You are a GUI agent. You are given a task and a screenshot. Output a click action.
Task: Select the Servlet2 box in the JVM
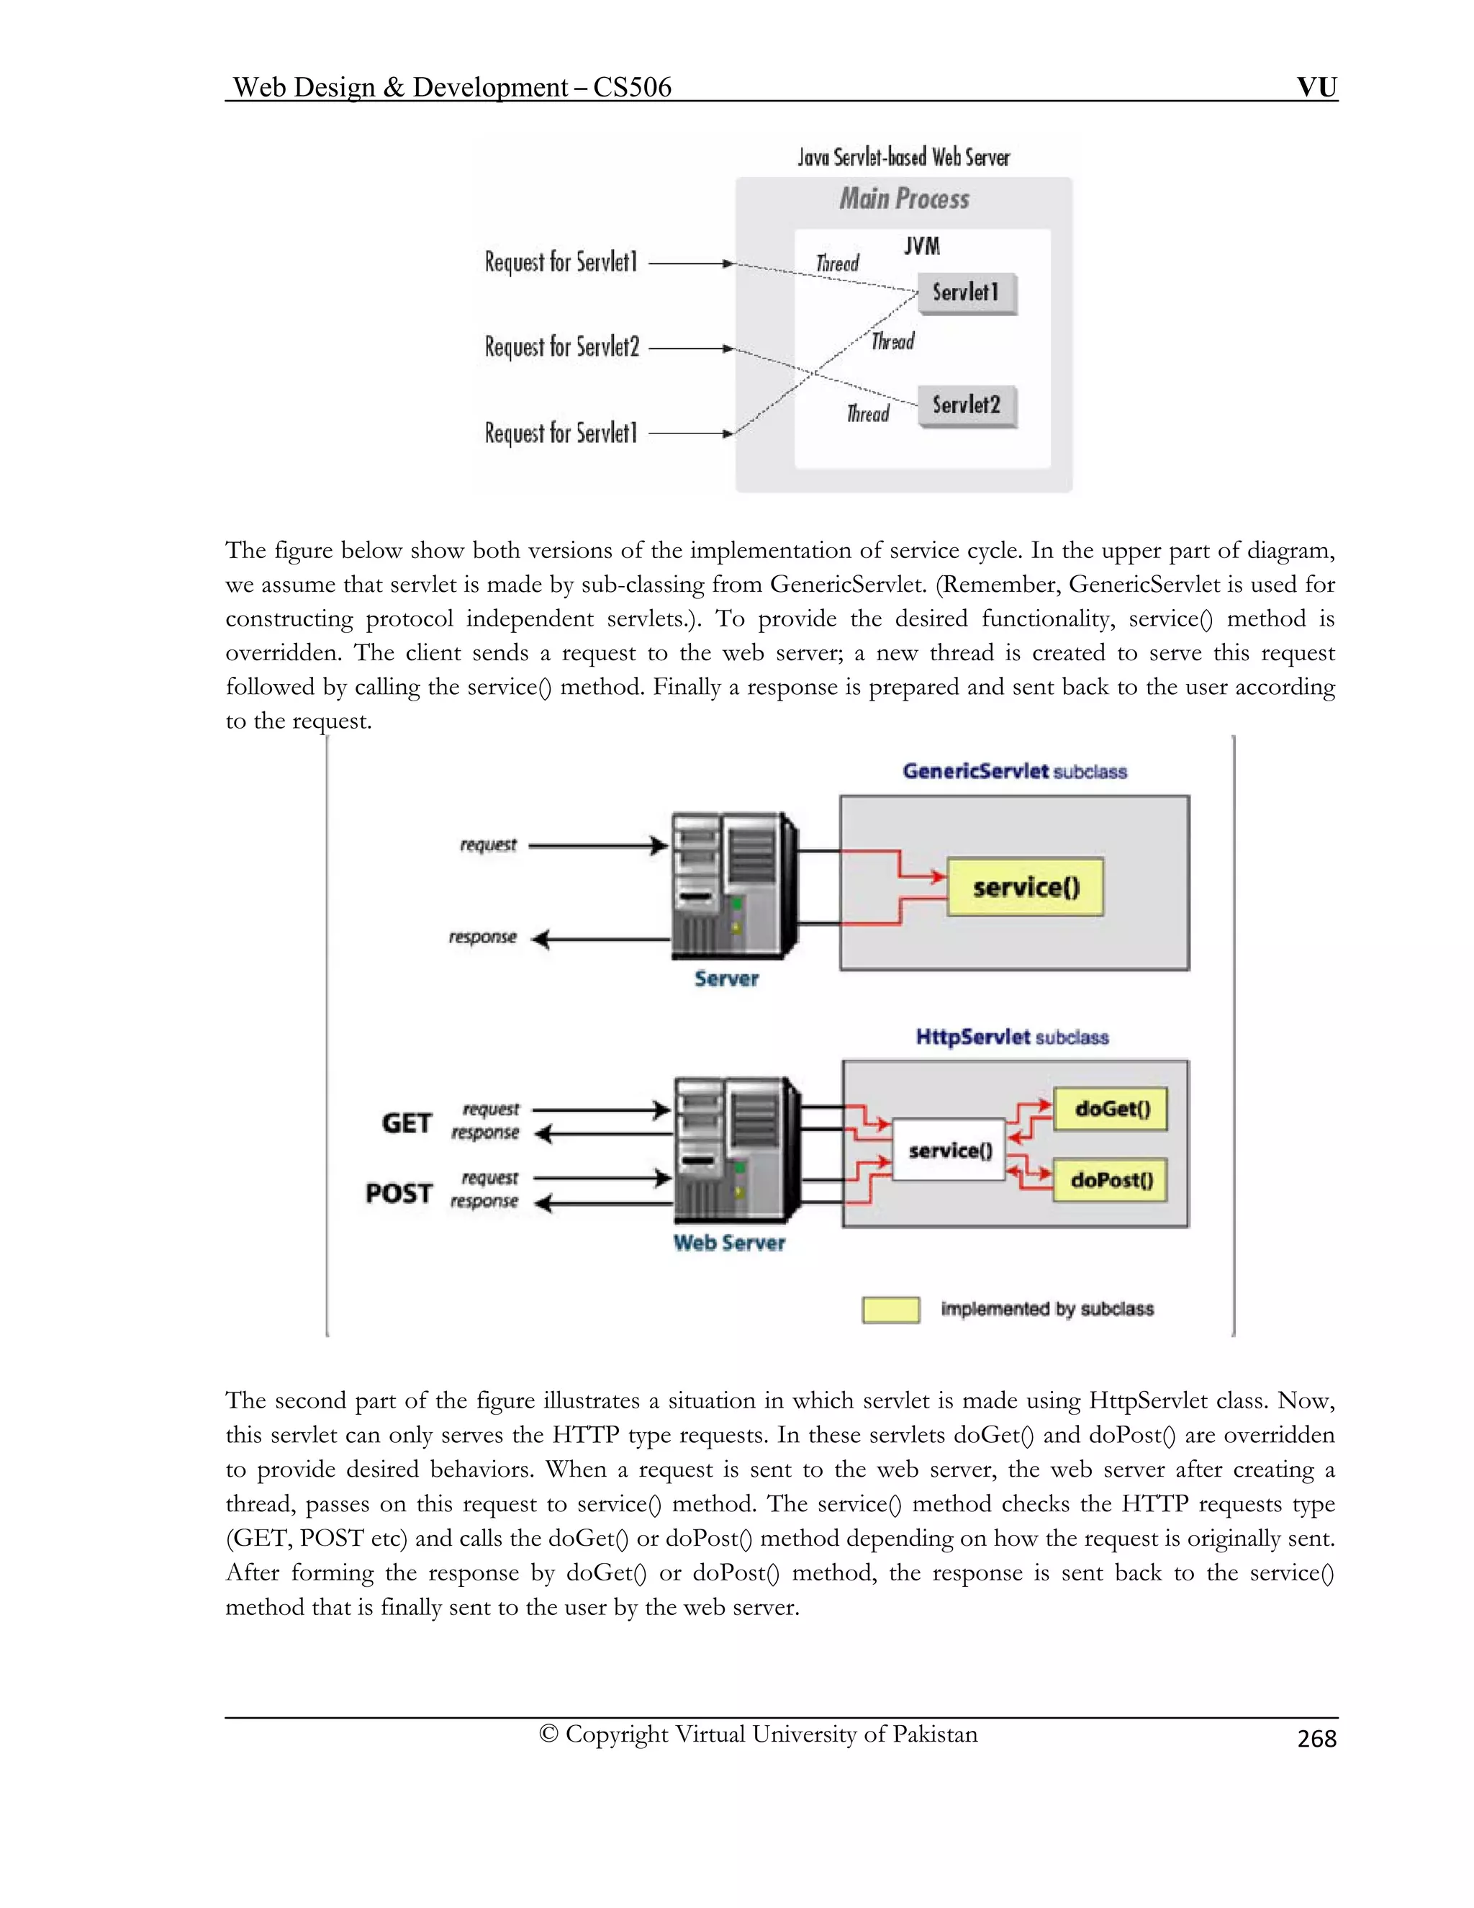coord(967,405)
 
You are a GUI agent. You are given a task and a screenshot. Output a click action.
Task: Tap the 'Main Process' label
coord(904,199)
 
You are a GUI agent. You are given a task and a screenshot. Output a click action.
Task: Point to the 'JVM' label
coord(922,246)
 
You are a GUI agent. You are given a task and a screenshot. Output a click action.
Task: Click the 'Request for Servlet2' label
coord(561,348)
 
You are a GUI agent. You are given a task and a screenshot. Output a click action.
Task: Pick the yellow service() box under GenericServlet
coord(1025,888)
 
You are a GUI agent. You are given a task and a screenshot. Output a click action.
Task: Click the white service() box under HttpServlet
coord(949,1151)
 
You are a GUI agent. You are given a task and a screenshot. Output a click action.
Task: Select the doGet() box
coord(1111,1109)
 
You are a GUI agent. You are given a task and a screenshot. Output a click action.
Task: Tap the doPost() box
coord(1111,1180)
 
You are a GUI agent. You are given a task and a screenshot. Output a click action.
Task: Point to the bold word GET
coord(406,1122)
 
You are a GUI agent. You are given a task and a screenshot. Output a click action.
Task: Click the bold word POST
coord(399,1193)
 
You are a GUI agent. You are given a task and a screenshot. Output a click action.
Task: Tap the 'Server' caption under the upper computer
coord(726,979)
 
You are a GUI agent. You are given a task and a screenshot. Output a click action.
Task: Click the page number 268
coord(1316,1739)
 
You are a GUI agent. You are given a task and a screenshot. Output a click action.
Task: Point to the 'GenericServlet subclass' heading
coord(1015,771)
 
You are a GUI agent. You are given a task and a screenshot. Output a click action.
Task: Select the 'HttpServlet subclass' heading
coord(1012,1037)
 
